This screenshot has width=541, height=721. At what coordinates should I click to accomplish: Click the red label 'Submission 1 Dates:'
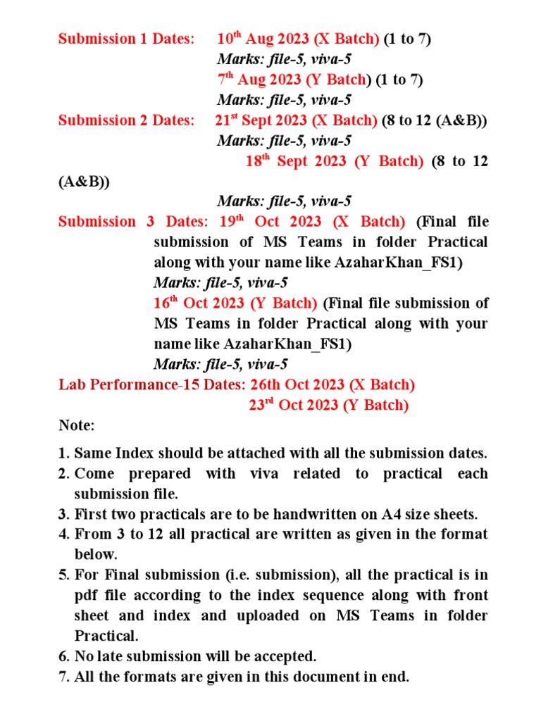125,39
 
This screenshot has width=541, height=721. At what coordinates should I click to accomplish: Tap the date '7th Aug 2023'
259,80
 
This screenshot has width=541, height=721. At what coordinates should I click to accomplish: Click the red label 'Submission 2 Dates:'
125,120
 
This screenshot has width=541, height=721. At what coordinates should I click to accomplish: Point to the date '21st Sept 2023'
261,120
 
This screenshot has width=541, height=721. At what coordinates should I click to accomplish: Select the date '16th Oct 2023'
199,303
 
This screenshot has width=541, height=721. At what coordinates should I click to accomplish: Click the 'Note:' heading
76,426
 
